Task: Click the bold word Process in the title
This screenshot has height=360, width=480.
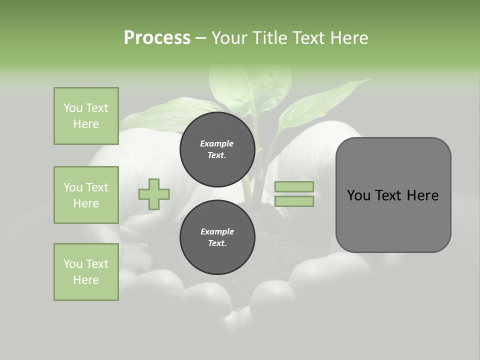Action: (157, 38)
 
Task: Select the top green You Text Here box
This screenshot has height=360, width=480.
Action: (86, 116)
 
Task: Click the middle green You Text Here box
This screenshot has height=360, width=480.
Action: (86, 195)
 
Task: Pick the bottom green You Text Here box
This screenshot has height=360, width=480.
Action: (86, 272)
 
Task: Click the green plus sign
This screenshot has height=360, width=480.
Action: (154, 194)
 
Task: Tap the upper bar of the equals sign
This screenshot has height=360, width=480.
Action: (294, 187)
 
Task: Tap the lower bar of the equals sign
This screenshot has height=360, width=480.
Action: (294, 201)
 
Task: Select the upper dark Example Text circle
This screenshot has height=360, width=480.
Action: (217, 149)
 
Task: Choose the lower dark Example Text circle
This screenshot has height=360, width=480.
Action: (217, 237)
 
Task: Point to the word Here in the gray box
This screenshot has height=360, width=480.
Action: (422, 195)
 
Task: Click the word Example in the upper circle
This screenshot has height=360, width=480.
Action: (217, 143)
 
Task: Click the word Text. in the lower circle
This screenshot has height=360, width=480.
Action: (217, 243)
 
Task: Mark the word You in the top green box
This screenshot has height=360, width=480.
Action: (73, 108)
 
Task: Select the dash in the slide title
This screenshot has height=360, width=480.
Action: (200, 38)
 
